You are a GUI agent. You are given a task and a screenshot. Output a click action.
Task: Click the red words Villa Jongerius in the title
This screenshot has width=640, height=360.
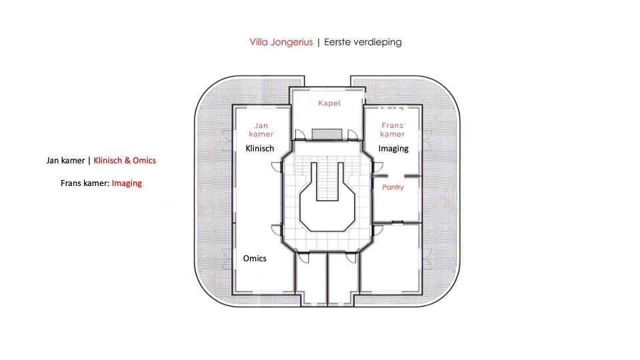[x=281, y=42]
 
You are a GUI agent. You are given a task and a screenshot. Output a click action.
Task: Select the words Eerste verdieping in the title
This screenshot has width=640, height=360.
[x=363, y=42]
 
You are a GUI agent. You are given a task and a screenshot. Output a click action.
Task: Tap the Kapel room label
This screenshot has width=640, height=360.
[x=329, y=103]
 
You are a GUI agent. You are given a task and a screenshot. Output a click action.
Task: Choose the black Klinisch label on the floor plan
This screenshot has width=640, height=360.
[x=260, y=148]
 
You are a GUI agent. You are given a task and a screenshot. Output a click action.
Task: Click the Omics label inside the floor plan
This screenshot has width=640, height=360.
[x=254, y=258]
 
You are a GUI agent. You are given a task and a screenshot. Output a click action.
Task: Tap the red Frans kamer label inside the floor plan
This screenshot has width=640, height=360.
[x=393, y=129]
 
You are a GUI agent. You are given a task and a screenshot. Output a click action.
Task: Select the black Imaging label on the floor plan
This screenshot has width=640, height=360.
[x=393, y=148]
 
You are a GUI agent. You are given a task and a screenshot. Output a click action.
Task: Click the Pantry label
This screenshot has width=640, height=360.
[x=393, y=187]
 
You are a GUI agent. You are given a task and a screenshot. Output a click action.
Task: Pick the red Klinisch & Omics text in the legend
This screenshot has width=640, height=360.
[x=125, y=161]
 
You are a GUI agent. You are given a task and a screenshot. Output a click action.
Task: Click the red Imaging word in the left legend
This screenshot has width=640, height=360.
[x=127, y=183]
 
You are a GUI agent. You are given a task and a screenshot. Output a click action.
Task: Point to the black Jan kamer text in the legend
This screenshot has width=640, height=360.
[x=65, y=161]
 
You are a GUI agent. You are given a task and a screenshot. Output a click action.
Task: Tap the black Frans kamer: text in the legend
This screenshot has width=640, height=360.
[x=85, y=183]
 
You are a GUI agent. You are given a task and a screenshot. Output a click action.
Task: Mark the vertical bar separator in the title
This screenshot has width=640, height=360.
[x=319, y=42]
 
